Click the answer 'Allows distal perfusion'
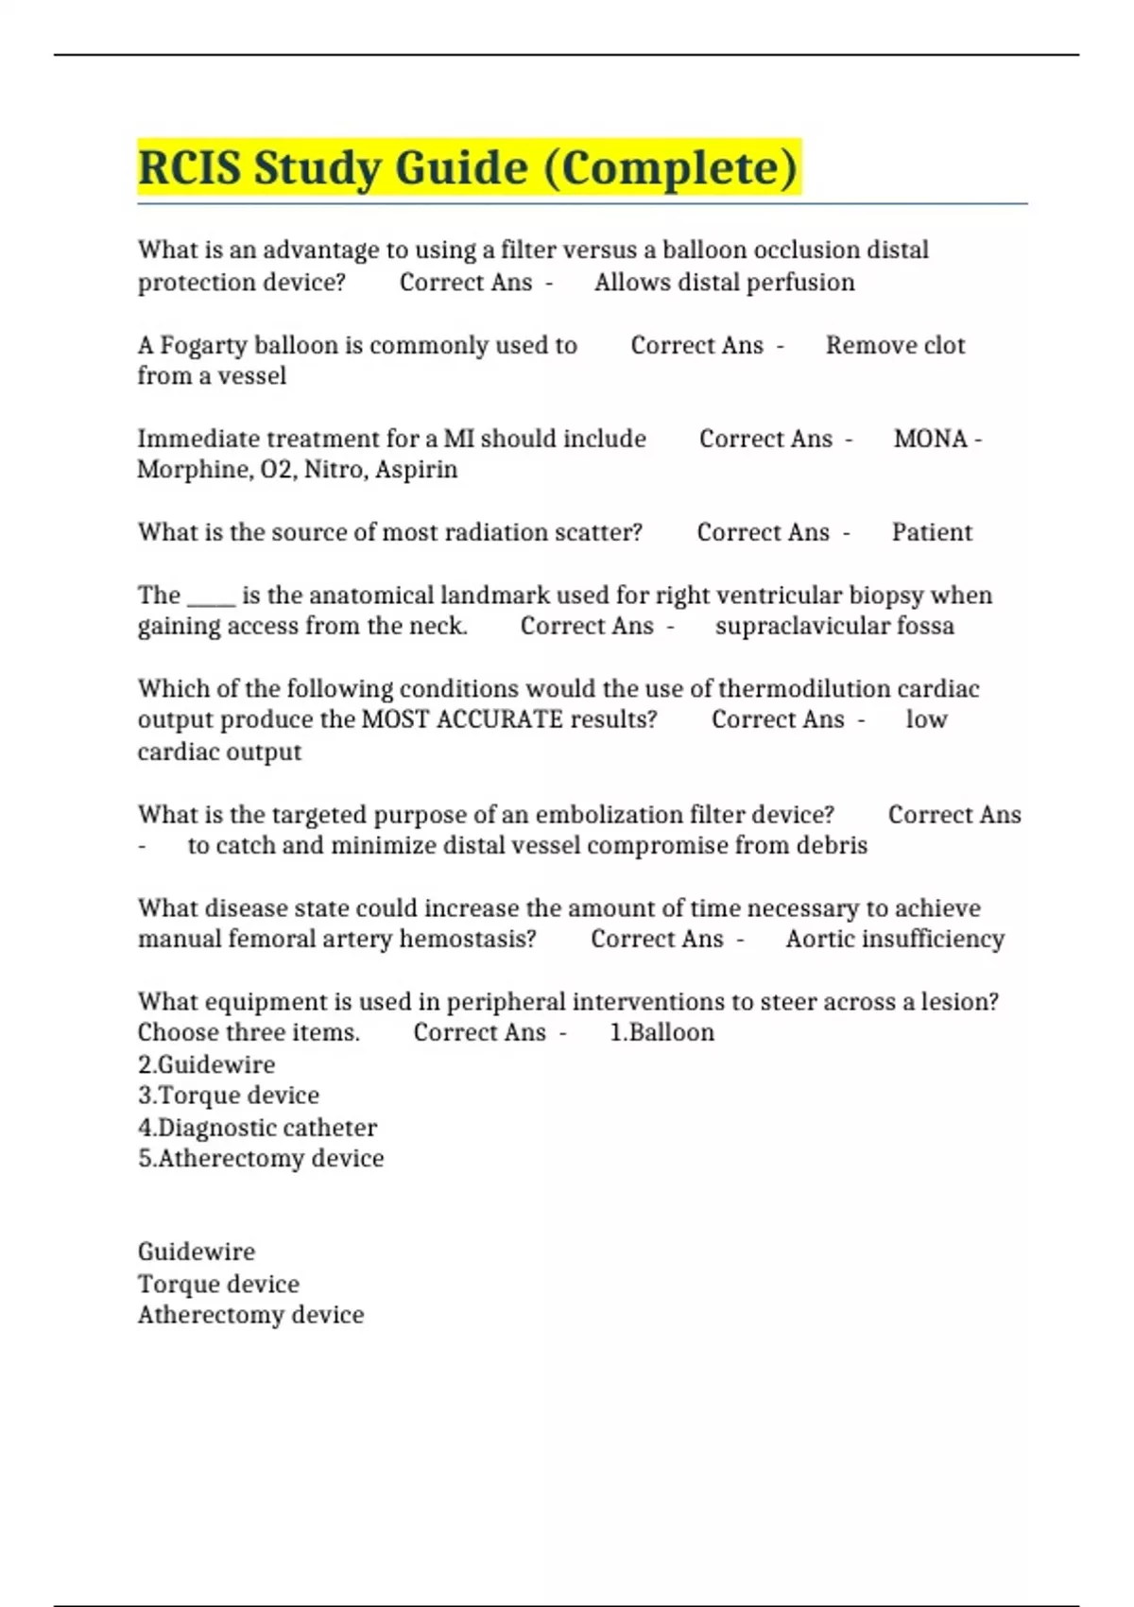click(724, 282)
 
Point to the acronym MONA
click(931, 439)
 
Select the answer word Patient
click(932, 532)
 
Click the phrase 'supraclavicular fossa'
click(834, 626)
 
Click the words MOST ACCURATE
click(462, 719)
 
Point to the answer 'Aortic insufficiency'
click(895, 939)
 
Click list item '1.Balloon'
click(662, 1032)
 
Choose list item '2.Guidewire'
click(206, 1064)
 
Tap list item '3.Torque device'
click(228, 1095)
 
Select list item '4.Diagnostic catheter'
click(257, 1127)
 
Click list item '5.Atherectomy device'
click(261, 1158)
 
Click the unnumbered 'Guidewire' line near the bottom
click(197, 1252)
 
